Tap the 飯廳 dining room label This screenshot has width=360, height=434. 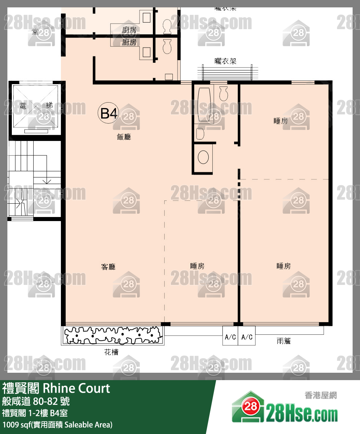pyautogui.click(x=124, y=137)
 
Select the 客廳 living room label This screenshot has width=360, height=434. pyautogui.click(x=108, y=267)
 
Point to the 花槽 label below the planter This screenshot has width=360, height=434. pyautogui.click(x=111, y=352)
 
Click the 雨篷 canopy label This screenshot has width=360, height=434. pyautogui.click(x=284, y=341)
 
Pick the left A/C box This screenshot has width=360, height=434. pyautogui.click(x=230, y=337)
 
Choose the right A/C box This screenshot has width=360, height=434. pyautogui.click(x=247, y=337)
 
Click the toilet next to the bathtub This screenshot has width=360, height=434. pyautogui.click(x=223, y=93)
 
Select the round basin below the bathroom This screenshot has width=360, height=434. pyautogui.click(x=203, y=157)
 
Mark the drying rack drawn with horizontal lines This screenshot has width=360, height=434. pyautogui.click(x=227, y=72)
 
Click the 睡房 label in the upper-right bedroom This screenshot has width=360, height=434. pyautogui.click(x=281, y=121)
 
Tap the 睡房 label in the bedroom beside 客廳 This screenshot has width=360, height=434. pyautogui.click(x=197, y=266)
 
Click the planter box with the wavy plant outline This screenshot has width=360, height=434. pyautogui.click(x=113, y=335)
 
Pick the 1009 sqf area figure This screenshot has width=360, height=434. pyautogui.click(x=16, y=424)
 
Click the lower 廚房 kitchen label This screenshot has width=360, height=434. pyautogui.click(x=129, y=42)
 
